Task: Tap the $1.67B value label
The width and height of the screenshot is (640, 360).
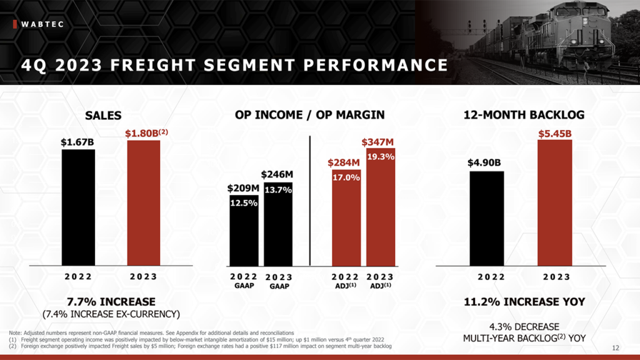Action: pos(77,142)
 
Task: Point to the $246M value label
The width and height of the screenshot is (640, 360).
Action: pos(277,174)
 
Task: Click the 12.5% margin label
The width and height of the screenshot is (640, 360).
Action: pos(243,203)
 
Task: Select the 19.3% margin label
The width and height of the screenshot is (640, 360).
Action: pos(380,157)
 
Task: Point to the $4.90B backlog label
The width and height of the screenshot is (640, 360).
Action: pos(485,163)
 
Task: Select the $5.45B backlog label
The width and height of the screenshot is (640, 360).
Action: pos(555,133)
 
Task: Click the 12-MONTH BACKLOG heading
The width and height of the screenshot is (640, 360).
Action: pos(524,115)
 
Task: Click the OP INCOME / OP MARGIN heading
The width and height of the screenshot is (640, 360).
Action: pos(310,115)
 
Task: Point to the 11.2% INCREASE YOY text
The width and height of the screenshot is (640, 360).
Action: pos(524,301)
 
